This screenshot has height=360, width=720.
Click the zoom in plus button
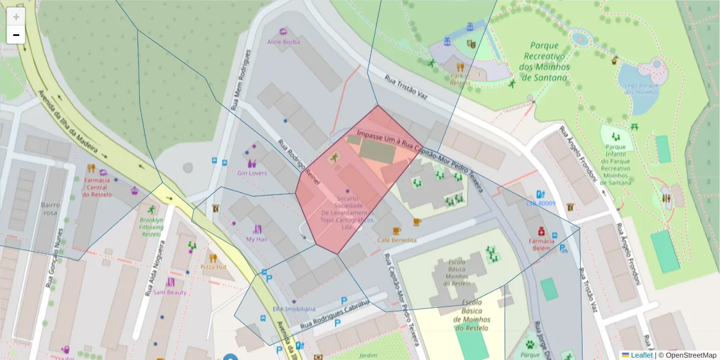pyautogui.click(x=16, y=17)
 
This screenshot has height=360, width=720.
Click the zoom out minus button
pyautogui.click(x=16, y=35)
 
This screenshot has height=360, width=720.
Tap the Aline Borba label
pyautogui.click(x=283, y=42)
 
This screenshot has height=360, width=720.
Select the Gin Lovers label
pyautogui.click(x=252, y=173)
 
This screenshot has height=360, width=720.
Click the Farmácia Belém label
pyautogui.click(x=541, y=244)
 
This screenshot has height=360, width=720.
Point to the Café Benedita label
pyautogui.click(x=397, y=240)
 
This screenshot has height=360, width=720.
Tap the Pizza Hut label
pyautogui.click(x=213, y=266)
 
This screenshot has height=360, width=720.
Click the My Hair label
pyautogui.click(x=257, y=239)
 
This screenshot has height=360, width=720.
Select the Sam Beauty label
pyautogui.click(x=170, y=292)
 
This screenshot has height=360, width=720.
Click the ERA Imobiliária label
pyautogui.click(x=293, y=309)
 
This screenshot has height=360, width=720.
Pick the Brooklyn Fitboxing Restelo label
pyautogui.click(x=151, y=227)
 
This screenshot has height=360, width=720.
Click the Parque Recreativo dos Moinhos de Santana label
pyautogui.click(x=544, y=61)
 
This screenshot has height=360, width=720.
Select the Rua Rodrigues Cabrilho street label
pyautogui.click(x=335, y=312)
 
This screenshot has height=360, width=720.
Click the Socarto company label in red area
pyautogui.click(x=347, y=212)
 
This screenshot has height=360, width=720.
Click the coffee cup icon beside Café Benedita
pyautogui.click(x=396, y=230)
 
